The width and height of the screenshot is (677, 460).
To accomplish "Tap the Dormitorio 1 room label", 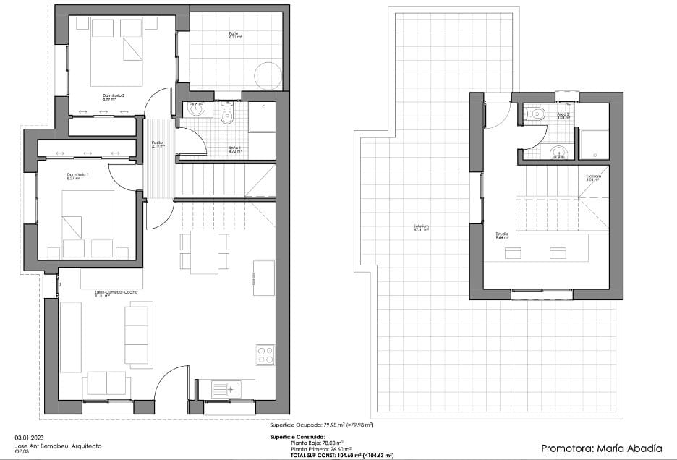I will (78, 176).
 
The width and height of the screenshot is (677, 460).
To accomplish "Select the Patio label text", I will (234, 35).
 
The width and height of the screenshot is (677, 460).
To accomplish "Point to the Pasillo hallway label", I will (158, 144).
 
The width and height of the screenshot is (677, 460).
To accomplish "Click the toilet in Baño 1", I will (228, 116).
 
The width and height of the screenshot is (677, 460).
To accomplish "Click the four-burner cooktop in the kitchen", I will (265, 355).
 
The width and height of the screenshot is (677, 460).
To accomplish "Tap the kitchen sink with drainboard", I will (226, 389).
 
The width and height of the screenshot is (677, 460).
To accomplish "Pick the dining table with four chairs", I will (204, 252).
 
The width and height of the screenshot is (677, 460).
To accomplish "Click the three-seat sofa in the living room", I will (137, 335).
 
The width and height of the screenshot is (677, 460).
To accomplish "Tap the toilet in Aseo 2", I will (537, 114).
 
